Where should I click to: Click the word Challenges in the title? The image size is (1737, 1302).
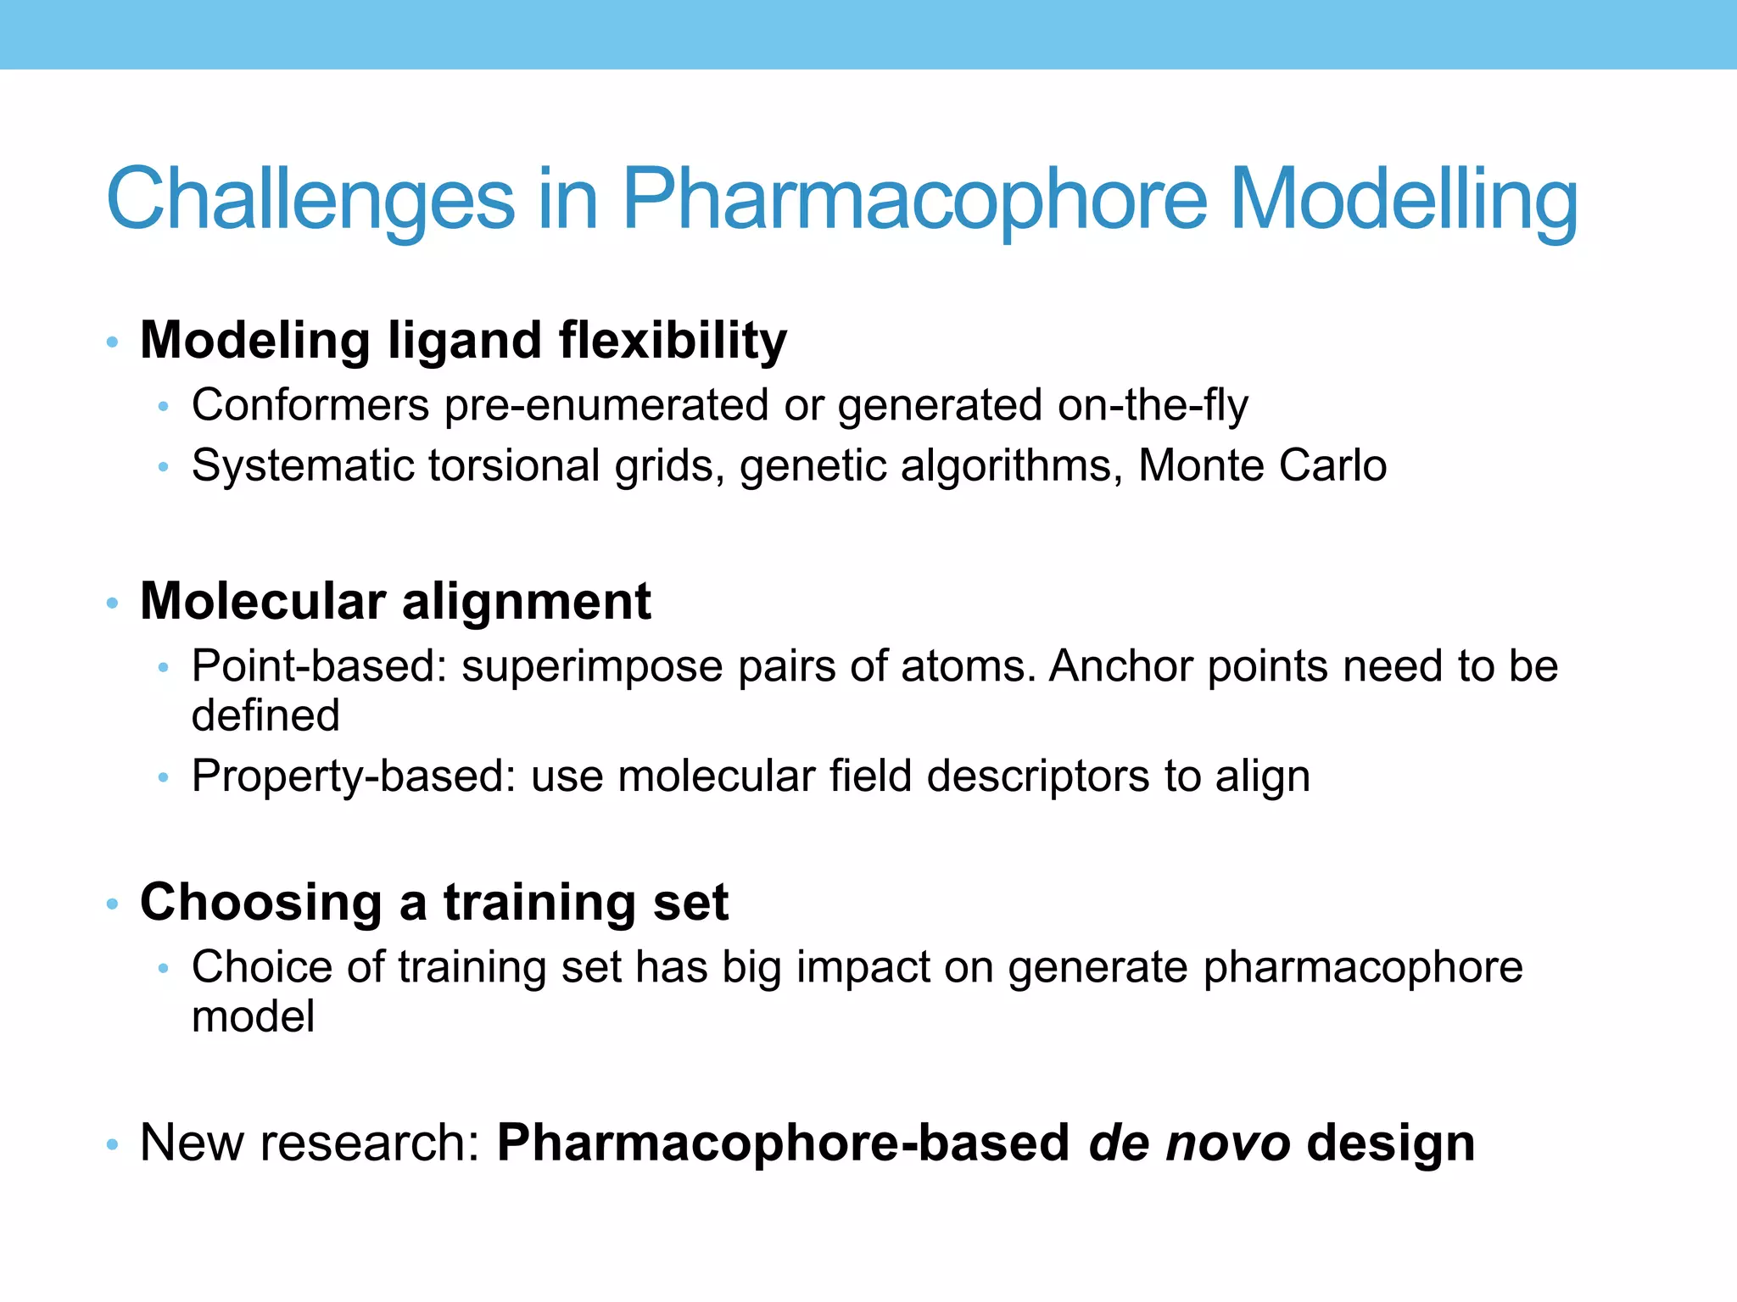(310, 200)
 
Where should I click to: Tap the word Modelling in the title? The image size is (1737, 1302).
(1404, 200)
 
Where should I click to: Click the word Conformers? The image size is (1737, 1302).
(310, 405)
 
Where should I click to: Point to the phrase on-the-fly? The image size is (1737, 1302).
(1153, 405)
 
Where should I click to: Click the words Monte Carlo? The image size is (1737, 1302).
(1262, 465)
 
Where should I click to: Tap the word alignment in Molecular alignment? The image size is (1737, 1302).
(526, 602)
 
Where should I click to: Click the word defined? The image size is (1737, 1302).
(265, 715)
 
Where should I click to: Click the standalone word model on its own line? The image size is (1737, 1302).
(253, 1016)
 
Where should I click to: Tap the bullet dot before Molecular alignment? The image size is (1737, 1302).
(112, 604)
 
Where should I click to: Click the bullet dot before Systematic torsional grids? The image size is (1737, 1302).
(164, 467)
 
